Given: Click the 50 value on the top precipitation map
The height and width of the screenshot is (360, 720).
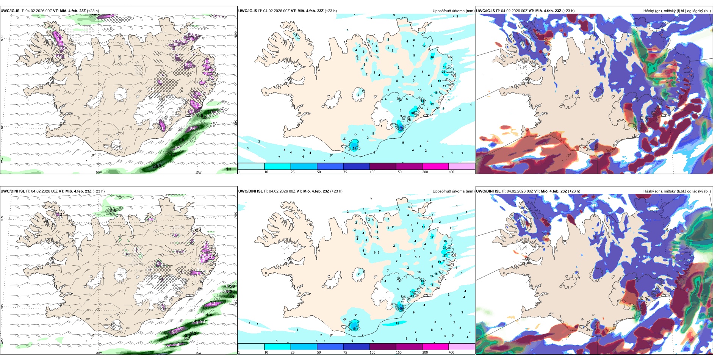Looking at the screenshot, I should tap(355, 148).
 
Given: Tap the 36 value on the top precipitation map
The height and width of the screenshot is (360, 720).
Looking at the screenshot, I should tap(413, 113).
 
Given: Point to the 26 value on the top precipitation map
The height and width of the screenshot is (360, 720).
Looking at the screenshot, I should tap(443, 72).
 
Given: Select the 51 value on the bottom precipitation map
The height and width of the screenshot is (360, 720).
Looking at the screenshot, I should tap(355, 329).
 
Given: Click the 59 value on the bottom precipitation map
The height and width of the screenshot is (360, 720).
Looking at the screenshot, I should tap(401, 308).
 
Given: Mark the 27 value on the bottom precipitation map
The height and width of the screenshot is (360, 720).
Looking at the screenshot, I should tap(445, 255).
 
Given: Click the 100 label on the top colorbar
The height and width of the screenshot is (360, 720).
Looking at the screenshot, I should tap(373, 172).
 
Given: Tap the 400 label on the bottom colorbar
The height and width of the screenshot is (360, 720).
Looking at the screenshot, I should tap(451, 352).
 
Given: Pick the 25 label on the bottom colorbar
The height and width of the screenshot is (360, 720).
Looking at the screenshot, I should tap(293, 352).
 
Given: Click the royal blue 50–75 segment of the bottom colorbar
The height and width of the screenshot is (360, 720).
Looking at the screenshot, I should tap(330, 347).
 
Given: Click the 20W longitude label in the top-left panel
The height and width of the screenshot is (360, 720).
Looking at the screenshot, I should tap(99, 172).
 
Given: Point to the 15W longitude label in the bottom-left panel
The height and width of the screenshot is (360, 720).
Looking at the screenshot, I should tap(198, 353).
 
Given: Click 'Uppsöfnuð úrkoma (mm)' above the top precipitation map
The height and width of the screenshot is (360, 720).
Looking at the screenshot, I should tap(453, 11).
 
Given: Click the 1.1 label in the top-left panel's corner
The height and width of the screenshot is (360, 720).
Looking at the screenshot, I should tap(229, 169).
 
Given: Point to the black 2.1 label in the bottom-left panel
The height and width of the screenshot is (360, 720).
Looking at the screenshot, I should tap(199, 230).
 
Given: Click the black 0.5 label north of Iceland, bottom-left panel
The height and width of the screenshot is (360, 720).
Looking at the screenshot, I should tap(113, 211).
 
